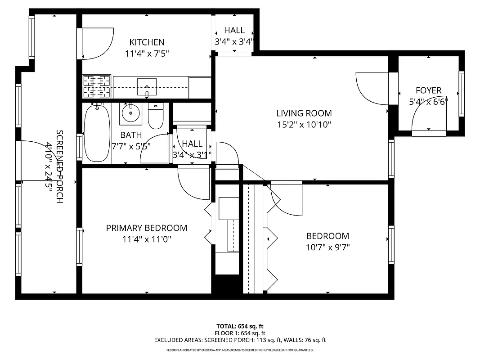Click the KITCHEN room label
(x=147, y=42)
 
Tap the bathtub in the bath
(x=97, y=133)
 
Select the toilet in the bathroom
(x=156, y=117)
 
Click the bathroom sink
(x=130, y=112)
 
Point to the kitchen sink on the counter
(x=147, y=86)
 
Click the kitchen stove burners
(x=97, y=86)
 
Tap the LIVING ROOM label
(x=304, y=113)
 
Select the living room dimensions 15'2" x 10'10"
(x=304, y=125)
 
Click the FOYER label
(x=428, y=90)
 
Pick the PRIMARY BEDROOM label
(x=147, y=228)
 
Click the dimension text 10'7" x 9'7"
(x=327, y=247)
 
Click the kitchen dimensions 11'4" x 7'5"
(x=147, y=54)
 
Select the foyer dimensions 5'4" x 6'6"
(x=428, y=101)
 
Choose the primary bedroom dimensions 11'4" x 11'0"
(x=147, y=239)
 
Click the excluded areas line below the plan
(x=240, y=340)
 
